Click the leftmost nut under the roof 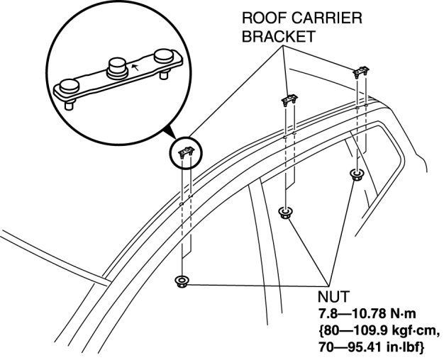coord(183,281)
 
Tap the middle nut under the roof coord(286,211)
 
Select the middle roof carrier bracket coord(289,100)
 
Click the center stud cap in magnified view coord(118,68)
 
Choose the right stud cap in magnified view coord(162,54)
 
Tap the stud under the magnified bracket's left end coord(70,106)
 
